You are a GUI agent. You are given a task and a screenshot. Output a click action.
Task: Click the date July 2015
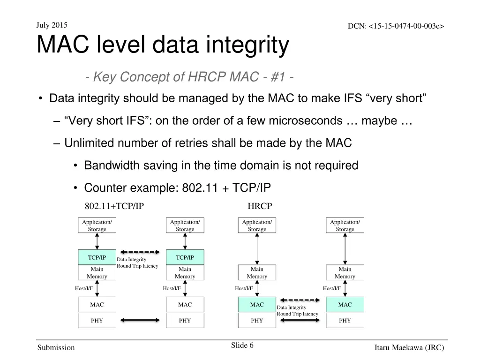point(52,25)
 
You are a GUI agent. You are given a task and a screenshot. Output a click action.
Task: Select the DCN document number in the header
point(396,26)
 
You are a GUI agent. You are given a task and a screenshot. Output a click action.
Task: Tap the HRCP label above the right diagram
point(260,206)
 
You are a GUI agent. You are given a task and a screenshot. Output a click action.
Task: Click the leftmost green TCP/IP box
point(97,257)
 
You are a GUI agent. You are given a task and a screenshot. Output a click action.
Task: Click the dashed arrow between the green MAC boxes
point(297,300)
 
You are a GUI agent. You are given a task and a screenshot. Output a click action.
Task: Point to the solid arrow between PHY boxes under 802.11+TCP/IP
point(141,321)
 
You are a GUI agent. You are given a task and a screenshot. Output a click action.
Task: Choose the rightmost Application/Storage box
point(345,225)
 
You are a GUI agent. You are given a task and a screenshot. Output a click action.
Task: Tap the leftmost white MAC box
point(97,305)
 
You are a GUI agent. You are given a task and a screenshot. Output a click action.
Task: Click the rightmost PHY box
point(345,321)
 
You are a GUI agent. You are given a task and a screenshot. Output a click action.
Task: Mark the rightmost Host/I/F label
point(332,288)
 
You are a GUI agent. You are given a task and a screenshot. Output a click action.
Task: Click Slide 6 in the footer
point(242,345)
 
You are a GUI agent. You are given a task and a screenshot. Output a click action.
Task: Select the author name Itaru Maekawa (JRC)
point(409,347)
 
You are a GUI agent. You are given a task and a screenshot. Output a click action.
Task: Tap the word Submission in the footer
point(56,347)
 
